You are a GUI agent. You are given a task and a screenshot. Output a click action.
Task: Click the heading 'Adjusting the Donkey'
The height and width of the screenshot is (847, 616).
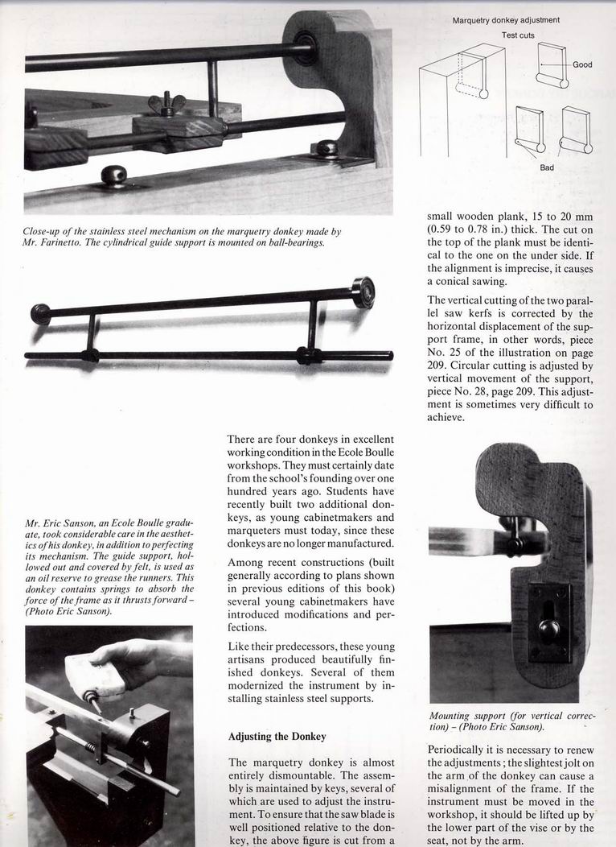tap(276, 736)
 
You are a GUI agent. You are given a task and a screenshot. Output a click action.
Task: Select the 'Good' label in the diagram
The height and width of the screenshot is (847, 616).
tap(582, 64)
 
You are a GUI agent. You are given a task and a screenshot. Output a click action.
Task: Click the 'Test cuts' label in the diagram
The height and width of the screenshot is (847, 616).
tap(518, 35)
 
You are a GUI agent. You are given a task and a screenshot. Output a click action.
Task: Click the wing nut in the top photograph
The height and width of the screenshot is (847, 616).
tap(167, 105)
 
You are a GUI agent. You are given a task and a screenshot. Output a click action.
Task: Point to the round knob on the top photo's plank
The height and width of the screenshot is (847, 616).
tap(114, 175)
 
